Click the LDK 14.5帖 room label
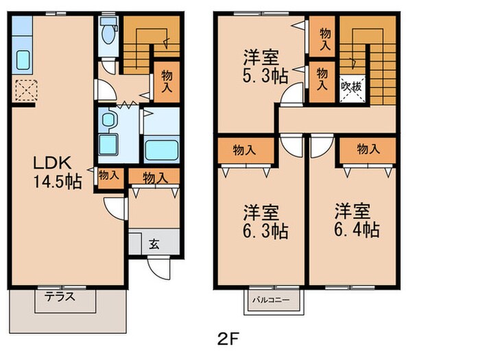click(57, 172)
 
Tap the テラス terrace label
click(60, 297)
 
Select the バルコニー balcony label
click(271, 300)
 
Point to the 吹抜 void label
click(351, 86)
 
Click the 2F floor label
click(228, 339)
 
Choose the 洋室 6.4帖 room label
click(357, 220)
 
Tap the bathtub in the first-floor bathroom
click(161, 150)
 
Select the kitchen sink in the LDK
click(23, 60)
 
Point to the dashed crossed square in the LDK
click(26, 91)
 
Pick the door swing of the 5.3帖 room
click(292, 94)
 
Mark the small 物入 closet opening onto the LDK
click(108, 176)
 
